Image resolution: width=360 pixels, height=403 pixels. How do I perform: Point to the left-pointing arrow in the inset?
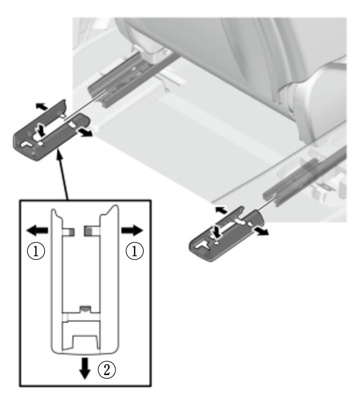coord(37,230)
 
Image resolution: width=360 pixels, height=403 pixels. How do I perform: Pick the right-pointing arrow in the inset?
coord(132,230)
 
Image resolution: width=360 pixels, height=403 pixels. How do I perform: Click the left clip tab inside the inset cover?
coord(69,232)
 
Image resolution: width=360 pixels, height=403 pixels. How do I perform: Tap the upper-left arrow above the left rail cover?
coord(42,106)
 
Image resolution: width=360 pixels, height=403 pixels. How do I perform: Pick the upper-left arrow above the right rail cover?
coord(221,210)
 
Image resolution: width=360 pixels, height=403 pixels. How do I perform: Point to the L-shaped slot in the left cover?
coord(27,144)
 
